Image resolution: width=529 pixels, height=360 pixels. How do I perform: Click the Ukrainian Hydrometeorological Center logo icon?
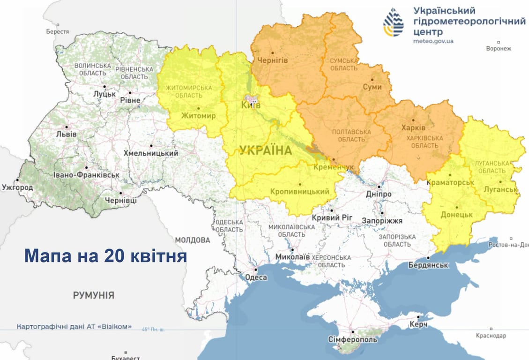pyautogui.click(x=394, y=22)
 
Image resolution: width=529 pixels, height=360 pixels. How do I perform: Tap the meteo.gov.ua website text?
pyautogui.click(x=433, y=41)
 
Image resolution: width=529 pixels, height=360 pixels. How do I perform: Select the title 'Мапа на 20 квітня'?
pyautogui.click(x=105, y=256)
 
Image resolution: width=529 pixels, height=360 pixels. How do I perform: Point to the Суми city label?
pyautogui.click(x=372, y=87)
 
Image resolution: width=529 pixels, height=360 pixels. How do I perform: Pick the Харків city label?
pyautogui.click(x=414, y=127)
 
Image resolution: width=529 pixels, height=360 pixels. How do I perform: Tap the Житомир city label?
pyautogui.click(x=198, y=115)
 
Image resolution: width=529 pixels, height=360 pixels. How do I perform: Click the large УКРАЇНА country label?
pyautogui.click(x=265, y=150)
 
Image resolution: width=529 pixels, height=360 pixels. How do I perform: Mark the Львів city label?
pyautogui.click(x=66, y=134)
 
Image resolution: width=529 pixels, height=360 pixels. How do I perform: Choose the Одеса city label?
pyautogui.click(x=256, y=277)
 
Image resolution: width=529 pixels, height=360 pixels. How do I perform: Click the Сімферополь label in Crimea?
pyautogui.click(x=352, y=339)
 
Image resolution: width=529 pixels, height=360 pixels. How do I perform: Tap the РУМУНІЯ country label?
pyautogui.click(x=93, y=295)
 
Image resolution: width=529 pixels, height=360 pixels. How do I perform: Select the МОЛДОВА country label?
pyautogui.click(x=193, y=240)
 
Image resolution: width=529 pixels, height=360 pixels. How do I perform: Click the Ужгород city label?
pyautogui.click(x=17, y=187)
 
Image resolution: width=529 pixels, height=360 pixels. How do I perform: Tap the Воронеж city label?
pyautogui.click(x=499, y=48)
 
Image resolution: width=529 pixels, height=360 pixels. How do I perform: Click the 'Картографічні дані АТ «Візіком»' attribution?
pyautogui.click(x=74, y=326)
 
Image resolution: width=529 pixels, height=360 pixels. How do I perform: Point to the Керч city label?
pyautogui.click(x=418, y=324)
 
